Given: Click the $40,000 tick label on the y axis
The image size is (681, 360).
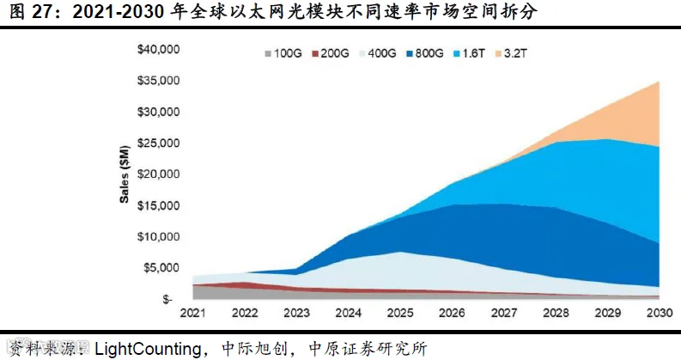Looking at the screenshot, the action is point(158,49).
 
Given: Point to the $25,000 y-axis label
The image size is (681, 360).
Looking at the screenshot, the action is point(158,143).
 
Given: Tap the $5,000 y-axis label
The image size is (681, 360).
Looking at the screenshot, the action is point(161,268).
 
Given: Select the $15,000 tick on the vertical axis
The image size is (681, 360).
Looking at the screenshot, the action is point(158,205).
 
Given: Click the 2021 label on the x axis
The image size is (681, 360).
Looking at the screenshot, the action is point(193,313).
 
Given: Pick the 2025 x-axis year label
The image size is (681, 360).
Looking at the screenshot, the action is point(400,313).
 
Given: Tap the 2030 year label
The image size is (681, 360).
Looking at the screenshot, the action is point(660,313).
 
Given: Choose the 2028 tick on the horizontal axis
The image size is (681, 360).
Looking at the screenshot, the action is point(556,313).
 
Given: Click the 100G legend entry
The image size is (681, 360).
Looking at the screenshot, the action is point(283,53).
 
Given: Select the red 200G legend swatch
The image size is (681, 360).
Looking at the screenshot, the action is point(315,54).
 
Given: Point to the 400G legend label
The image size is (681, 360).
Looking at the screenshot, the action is point(382,53).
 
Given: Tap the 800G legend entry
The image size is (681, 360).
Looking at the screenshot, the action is point(425,53).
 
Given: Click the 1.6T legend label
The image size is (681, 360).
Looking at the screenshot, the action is point(473,53).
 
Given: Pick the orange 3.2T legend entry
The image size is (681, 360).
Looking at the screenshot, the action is point(511,53).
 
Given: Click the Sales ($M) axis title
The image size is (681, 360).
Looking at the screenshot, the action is point(125,174).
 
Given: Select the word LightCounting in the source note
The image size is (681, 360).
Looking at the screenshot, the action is point(148,349).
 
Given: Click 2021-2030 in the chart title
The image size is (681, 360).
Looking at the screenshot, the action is point(118,12).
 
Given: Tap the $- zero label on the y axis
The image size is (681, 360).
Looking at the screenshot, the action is point(167,299).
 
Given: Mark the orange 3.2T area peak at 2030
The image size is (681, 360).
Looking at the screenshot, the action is point(659,82).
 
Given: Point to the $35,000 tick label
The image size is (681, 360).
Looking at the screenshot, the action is point(158,81).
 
